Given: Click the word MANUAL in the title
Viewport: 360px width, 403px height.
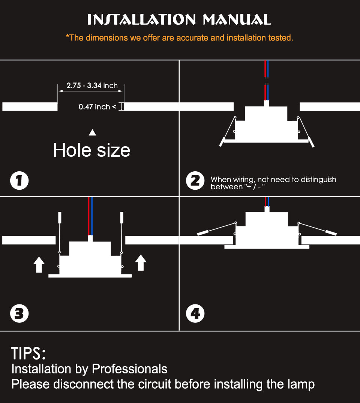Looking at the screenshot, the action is pyautogui.click(x=237, y=20).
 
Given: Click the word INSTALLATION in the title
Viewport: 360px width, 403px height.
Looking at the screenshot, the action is pyautogui.click(x=141, y=20).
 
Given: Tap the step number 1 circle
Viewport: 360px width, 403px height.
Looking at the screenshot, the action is pyautogui.click(x=19, y=180).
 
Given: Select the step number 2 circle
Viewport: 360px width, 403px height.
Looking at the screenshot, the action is pyautogui.click(x=195, y=180).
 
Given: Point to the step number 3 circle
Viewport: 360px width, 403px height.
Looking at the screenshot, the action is pyautogui.click(x=19, y=313).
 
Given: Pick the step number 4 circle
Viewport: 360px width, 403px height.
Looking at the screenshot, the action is pyautogui.click(x=195, y=313).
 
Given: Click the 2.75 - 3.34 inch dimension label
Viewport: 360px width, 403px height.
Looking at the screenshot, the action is pyautogui.click(x=92, y=85).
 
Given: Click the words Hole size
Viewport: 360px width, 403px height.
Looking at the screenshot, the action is pyautogui.click(x=91, y=150).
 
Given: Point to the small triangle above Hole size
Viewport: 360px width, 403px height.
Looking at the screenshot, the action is pyautogui.click(x=92, y=133).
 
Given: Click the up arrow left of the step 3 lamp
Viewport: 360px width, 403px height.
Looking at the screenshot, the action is pyautogui.click(x=39, y=264).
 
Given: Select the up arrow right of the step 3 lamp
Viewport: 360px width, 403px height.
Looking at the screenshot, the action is pyautogui.click(x=141, y=262).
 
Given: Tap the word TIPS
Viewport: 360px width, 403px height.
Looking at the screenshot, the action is pyautogui.click(x=28, y=354).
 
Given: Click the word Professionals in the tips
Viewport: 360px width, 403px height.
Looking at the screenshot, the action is pyautogui.click(x=130, y=369).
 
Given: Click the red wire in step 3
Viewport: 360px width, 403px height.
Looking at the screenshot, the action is pyautogui.click(x=89, y=216).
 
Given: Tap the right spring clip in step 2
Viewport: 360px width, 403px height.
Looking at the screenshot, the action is pyautogui.click(x=306, y=132).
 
